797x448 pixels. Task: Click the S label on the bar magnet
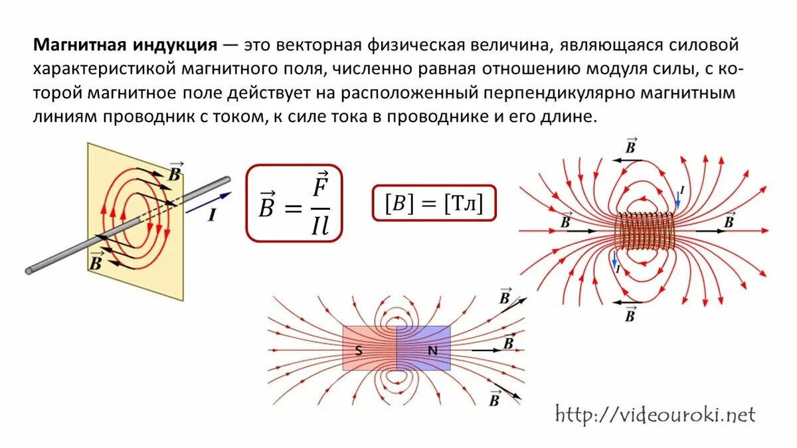(x=359, y=351)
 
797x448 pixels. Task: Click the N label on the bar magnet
(x=432, y=351)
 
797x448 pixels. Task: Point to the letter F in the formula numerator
(x=320, y=186)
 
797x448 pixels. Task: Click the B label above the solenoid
(x=631, y=147)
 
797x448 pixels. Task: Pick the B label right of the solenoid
(x=729, y=220)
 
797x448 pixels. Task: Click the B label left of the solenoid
(x=565, y=220)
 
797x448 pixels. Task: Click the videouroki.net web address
(x=654, y=415)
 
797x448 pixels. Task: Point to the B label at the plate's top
(x=175, y=172)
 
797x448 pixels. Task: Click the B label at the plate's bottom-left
(x=96, y=261)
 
